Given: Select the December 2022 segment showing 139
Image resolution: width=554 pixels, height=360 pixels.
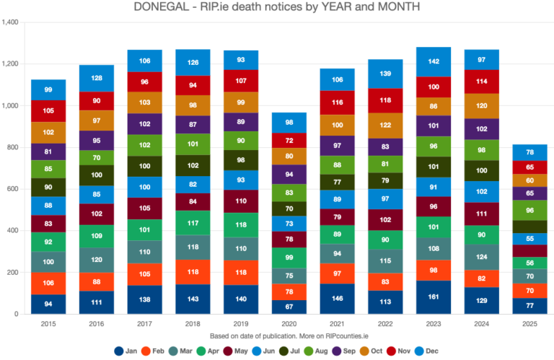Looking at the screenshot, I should click(385, 74).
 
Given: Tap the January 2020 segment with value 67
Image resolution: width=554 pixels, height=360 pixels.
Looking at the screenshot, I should click(289, 307).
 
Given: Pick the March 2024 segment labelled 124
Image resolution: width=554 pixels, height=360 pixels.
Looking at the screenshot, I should click(482, 258).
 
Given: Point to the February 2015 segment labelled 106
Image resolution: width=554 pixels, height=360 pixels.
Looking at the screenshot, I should click(48, 283).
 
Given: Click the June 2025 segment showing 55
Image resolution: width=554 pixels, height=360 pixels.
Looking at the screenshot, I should click(530, 239).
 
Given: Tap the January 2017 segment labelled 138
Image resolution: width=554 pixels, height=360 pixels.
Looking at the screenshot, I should click(145, 299).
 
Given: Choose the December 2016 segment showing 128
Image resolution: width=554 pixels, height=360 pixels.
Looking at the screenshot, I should click(97, 78).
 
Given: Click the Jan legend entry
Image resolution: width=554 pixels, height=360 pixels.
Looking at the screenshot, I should click(126, 351).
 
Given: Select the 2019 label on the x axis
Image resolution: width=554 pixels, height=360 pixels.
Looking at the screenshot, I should click(241, 324).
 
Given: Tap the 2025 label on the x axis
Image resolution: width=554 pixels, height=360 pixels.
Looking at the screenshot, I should click(530, 324).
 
